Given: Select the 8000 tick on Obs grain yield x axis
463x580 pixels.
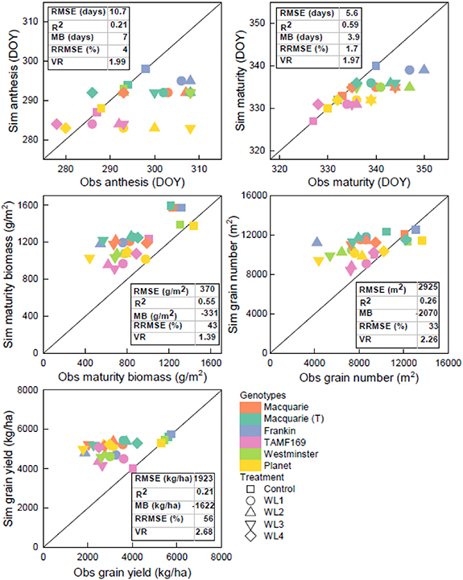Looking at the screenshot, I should tap(220, 557).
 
